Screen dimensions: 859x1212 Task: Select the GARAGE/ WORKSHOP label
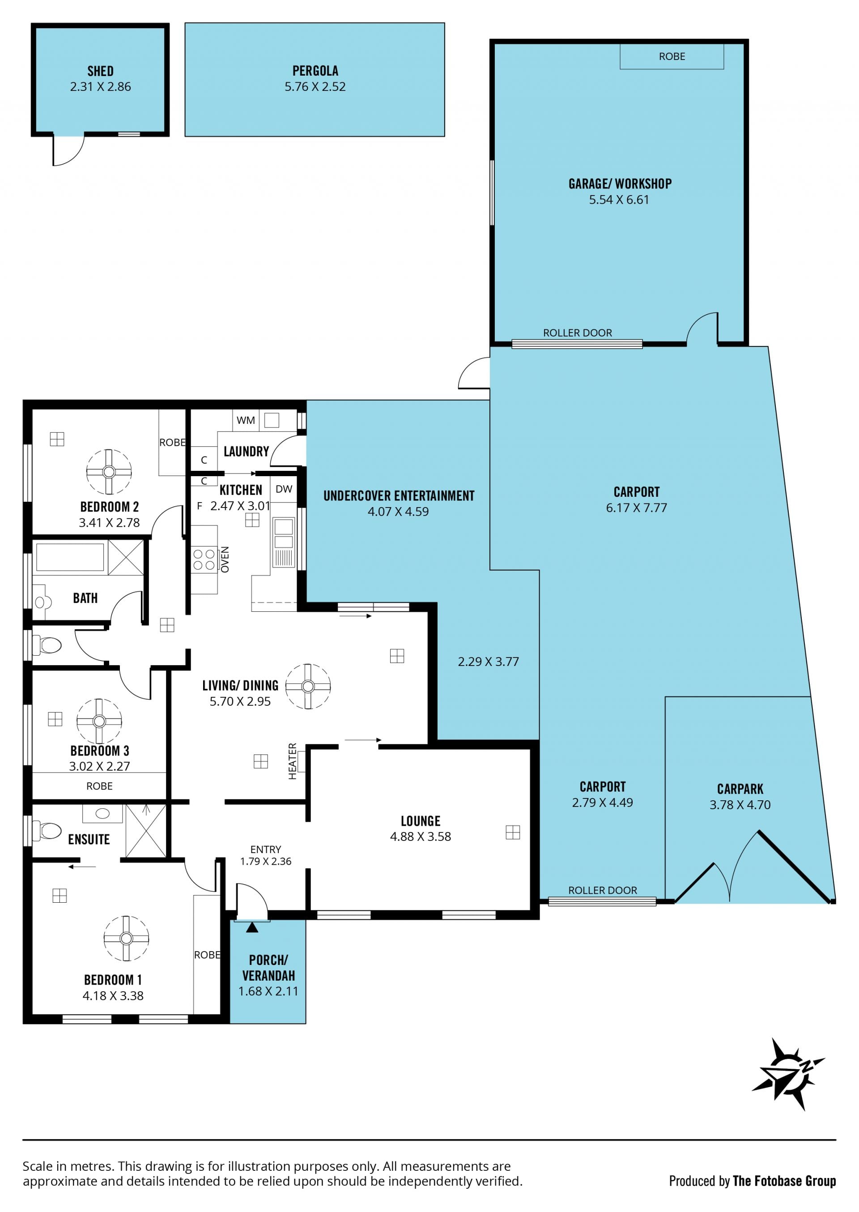(x=620, y=184)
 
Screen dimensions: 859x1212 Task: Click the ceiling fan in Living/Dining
(x=308, y=686)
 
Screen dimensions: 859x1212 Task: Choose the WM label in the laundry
(x=246, y=420)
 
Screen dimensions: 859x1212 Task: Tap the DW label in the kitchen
(x=284, y=489)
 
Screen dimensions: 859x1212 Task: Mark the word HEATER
(x=293, y=761)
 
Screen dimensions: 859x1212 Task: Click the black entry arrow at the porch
(x=252, y=927)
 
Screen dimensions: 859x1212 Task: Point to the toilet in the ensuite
(x=47, y=830)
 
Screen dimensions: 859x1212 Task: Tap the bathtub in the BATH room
(x=70, y=557)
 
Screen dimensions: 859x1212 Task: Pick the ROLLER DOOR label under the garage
(x=577, y=333)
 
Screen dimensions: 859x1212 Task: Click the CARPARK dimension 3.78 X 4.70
(x=740, y=805)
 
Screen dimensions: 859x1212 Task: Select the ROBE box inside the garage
(x=672, y=56)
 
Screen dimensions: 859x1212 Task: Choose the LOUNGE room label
(x=421, y=820)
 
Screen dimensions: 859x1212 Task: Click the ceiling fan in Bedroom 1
(x=126, y=938)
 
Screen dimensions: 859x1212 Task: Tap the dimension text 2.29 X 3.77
(x=488, y=662)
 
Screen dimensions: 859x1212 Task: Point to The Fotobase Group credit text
(x=784, y=1181)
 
